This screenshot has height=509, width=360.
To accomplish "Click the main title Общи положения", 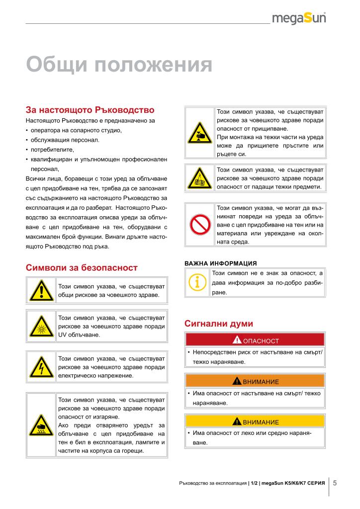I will click(119, 65).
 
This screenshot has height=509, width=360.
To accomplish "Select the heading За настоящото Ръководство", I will click(90, 110).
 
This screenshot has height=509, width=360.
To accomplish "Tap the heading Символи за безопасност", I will click(82, 267).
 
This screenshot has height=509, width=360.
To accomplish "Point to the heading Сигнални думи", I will click(219, 324).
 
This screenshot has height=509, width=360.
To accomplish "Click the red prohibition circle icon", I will click(199, 225).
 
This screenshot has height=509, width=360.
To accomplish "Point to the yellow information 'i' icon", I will click(197, 283).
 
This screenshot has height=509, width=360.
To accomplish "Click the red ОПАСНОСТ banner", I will click(255, 340).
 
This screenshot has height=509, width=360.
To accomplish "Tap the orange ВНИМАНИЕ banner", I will click(255, 381).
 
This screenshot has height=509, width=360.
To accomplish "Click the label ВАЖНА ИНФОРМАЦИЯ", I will click(220, 263).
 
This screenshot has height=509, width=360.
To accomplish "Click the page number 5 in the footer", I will click(335, 483).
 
